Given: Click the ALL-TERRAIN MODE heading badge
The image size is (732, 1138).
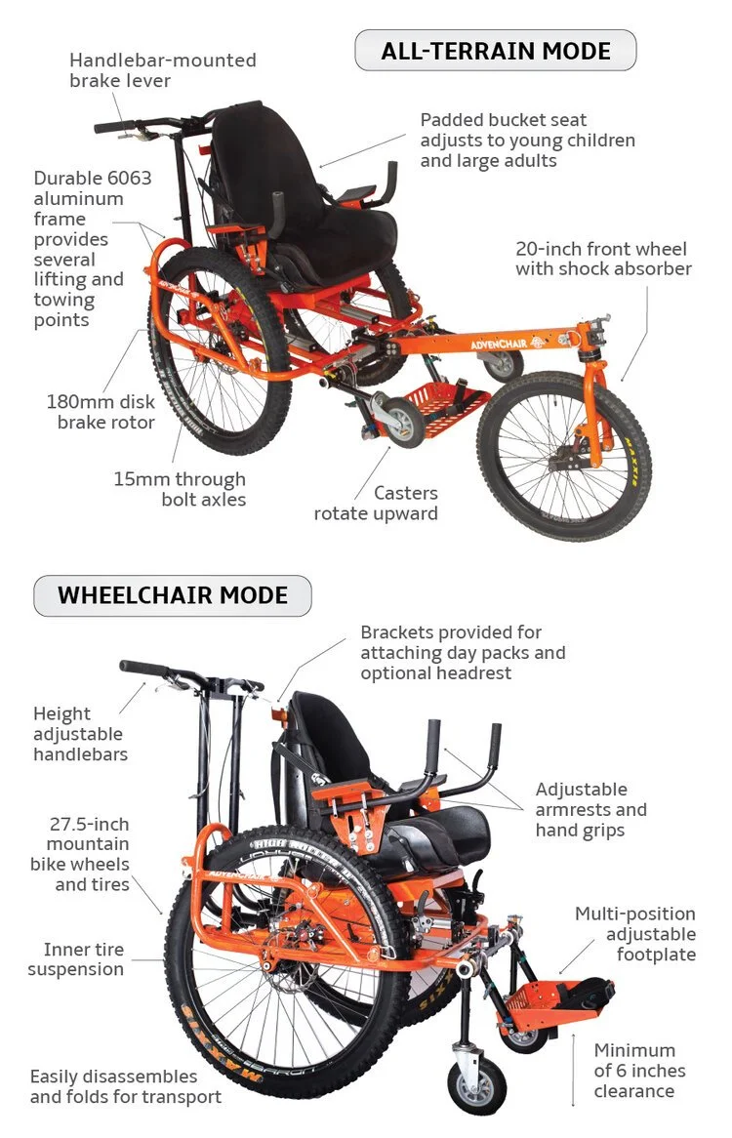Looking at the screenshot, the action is (x=495, y=51).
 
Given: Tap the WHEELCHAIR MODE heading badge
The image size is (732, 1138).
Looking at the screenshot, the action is (x=173, y=595).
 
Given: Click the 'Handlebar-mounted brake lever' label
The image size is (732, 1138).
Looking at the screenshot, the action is (x=162, y=70).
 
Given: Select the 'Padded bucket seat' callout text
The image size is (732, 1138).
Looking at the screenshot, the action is (x=527, y=140).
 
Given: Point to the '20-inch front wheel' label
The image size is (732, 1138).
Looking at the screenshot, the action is (x=603, y=259).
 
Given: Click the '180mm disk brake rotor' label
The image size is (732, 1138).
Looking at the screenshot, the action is (x=101, y=412).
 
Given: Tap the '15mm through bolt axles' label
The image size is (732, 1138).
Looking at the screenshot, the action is (x=179, y=489).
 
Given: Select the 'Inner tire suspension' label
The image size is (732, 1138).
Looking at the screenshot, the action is (x=76, y=959).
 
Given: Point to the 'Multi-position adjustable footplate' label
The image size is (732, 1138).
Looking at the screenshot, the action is (x=635, y=934).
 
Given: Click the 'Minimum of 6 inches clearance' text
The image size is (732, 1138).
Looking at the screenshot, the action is (x=640, y=1070).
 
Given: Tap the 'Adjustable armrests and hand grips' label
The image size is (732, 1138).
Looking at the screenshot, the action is (x=590, y=809).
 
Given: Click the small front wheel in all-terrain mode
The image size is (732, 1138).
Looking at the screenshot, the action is (x=564, y=455).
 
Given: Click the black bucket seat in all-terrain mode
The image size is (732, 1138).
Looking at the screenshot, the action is (x=303, y=195).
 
